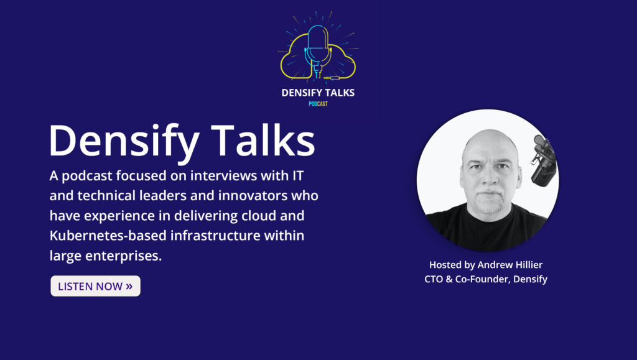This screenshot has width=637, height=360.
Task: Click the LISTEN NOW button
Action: tap(95, 286)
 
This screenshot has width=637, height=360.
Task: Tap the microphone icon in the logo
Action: tap(318, 51)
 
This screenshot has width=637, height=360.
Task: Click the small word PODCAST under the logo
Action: tap(318, 104)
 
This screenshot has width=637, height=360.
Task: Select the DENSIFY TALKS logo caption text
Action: tap(318, 93)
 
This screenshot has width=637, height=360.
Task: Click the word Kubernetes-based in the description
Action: tap(108, 236)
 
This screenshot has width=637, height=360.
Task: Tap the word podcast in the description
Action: tap(87, 177)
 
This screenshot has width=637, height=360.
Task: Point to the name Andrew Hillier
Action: tap(510, 265)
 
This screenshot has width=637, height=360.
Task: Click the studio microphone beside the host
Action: tap(544, 160)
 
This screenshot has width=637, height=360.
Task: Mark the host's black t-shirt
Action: tap(486, 228)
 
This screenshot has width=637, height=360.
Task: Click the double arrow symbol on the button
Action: tap(129, 286)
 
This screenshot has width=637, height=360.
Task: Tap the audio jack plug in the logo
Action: tap(332, 78)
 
